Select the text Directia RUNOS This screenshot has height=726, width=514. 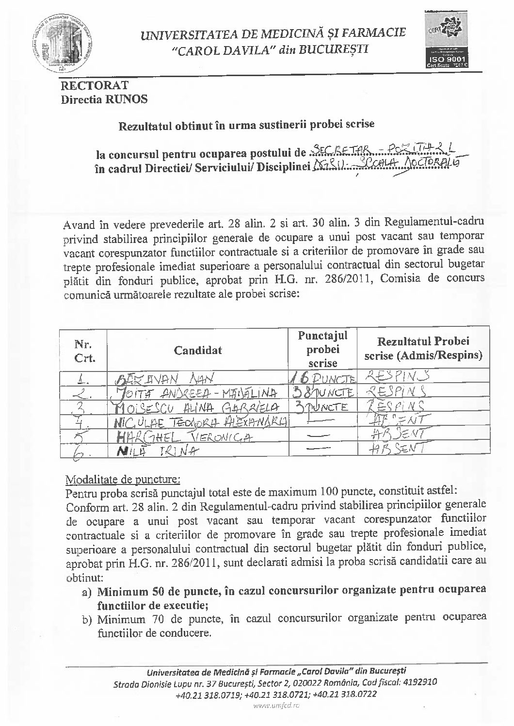tap(104, 100)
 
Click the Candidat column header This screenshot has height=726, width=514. tap(198, 350)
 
